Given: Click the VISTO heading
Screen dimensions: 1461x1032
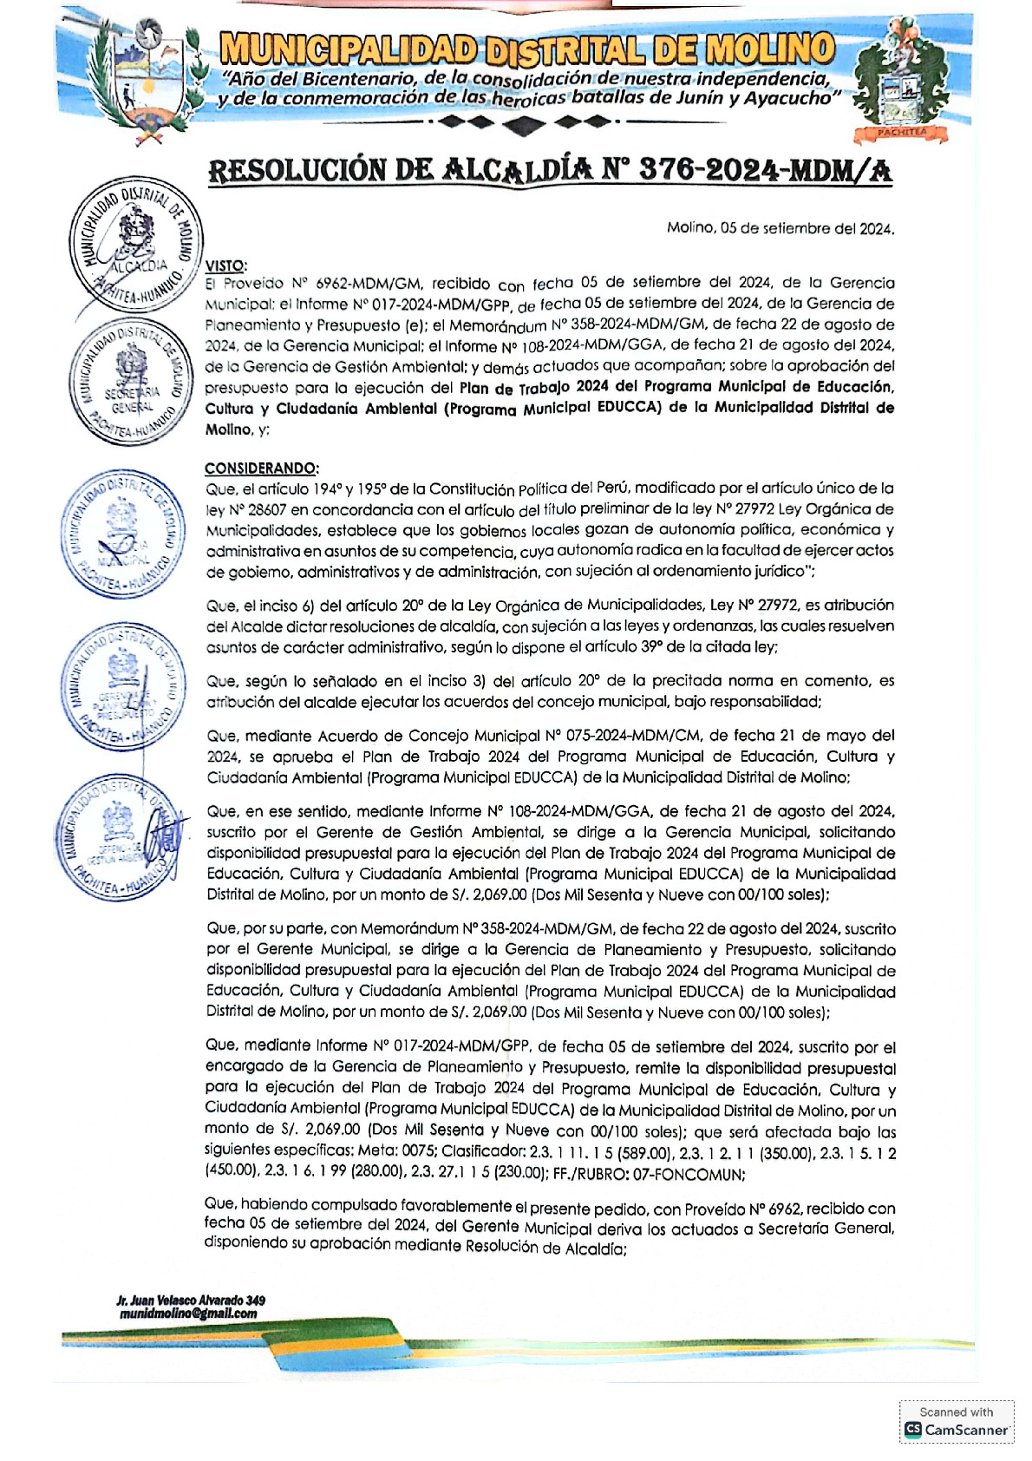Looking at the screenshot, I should [x=226, y=265].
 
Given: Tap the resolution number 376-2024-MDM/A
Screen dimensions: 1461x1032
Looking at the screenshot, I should [x=764, y=170].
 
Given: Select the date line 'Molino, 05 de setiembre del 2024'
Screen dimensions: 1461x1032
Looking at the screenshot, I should [x=780, y=229].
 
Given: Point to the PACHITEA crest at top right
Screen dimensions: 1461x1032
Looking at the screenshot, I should [x=901, y=82].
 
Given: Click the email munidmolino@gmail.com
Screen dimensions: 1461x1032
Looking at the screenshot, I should [x=188, y=1314].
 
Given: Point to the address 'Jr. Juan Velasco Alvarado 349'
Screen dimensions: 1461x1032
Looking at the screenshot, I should [x=191, y=1300].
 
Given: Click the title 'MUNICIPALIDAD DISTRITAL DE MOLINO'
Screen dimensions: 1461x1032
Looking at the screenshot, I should [x=526, y=50].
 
